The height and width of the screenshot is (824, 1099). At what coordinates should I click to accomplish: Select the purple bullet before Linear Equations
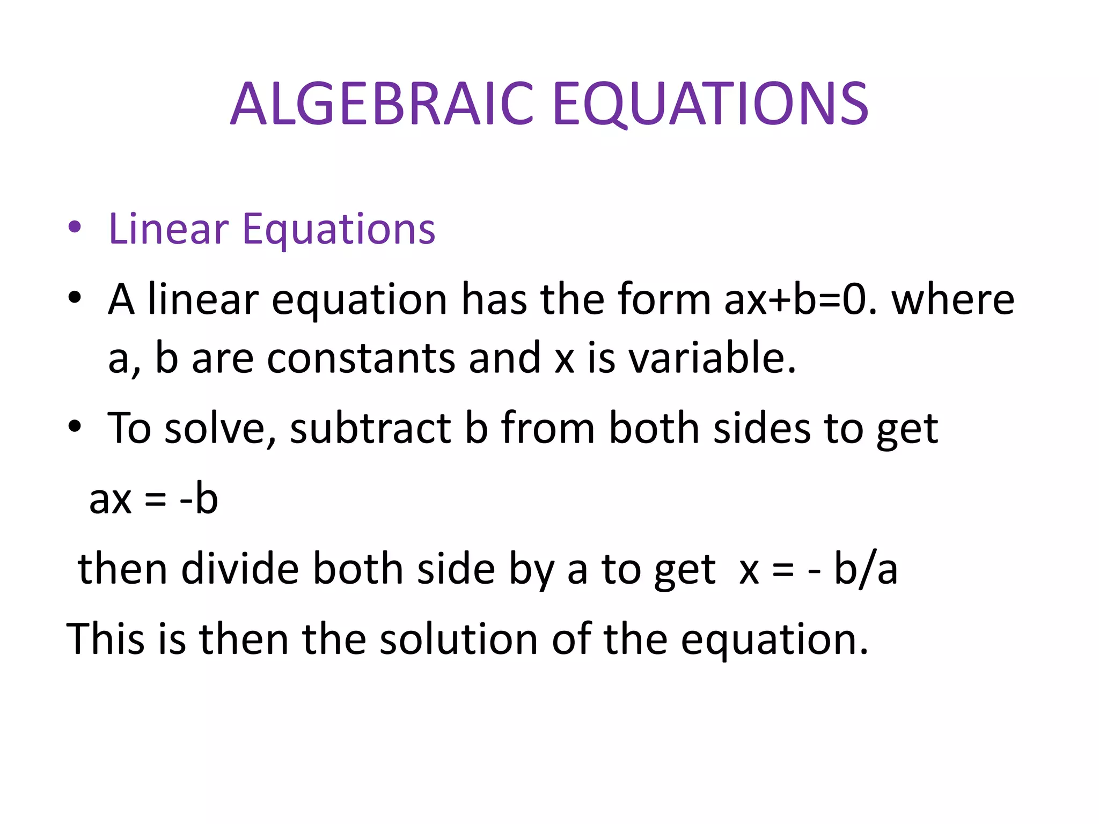[75, 227]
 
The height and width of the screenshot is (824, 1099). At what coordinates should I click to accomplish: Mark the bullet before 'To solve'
[75, 426]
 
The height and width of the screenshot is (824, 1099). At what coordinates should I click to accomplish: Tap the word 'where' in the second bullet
[953, 299]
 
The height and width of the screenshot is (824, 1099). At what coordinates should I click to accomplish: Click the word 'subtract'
[370, 429]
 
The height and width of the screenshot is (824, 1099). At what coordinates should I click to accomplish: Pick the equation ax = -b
[153, 499]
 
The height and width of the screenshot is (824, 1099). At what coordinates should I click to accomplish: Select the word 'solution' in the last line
[459, 639]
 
